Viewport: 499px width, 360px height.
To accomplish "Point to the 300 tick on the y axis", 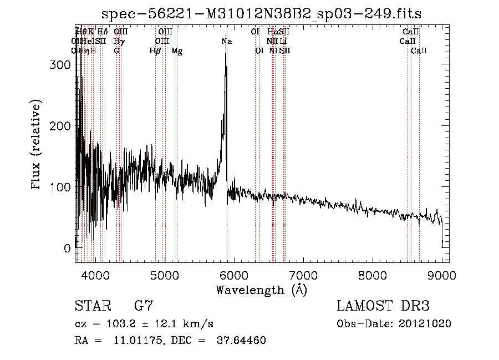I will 63,65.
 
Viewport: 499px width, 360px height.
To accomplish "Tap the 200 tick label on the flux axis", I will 63,126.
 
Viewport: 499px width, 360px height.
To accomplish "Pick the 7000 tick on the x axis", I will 303,274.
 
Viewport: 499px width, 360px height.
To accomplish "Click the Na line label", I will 226,41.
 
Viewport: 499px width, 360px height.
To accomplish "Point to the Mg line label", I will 177,51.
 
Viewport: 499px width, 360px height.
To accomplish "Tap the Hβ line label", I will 155,51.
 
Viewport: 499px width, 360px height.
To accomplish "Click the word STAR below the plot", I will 91,306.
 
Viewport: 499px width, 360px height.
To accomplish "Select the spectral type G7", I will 144,306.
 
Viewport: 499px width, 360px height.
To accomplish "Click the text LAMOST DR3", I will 383,306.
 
